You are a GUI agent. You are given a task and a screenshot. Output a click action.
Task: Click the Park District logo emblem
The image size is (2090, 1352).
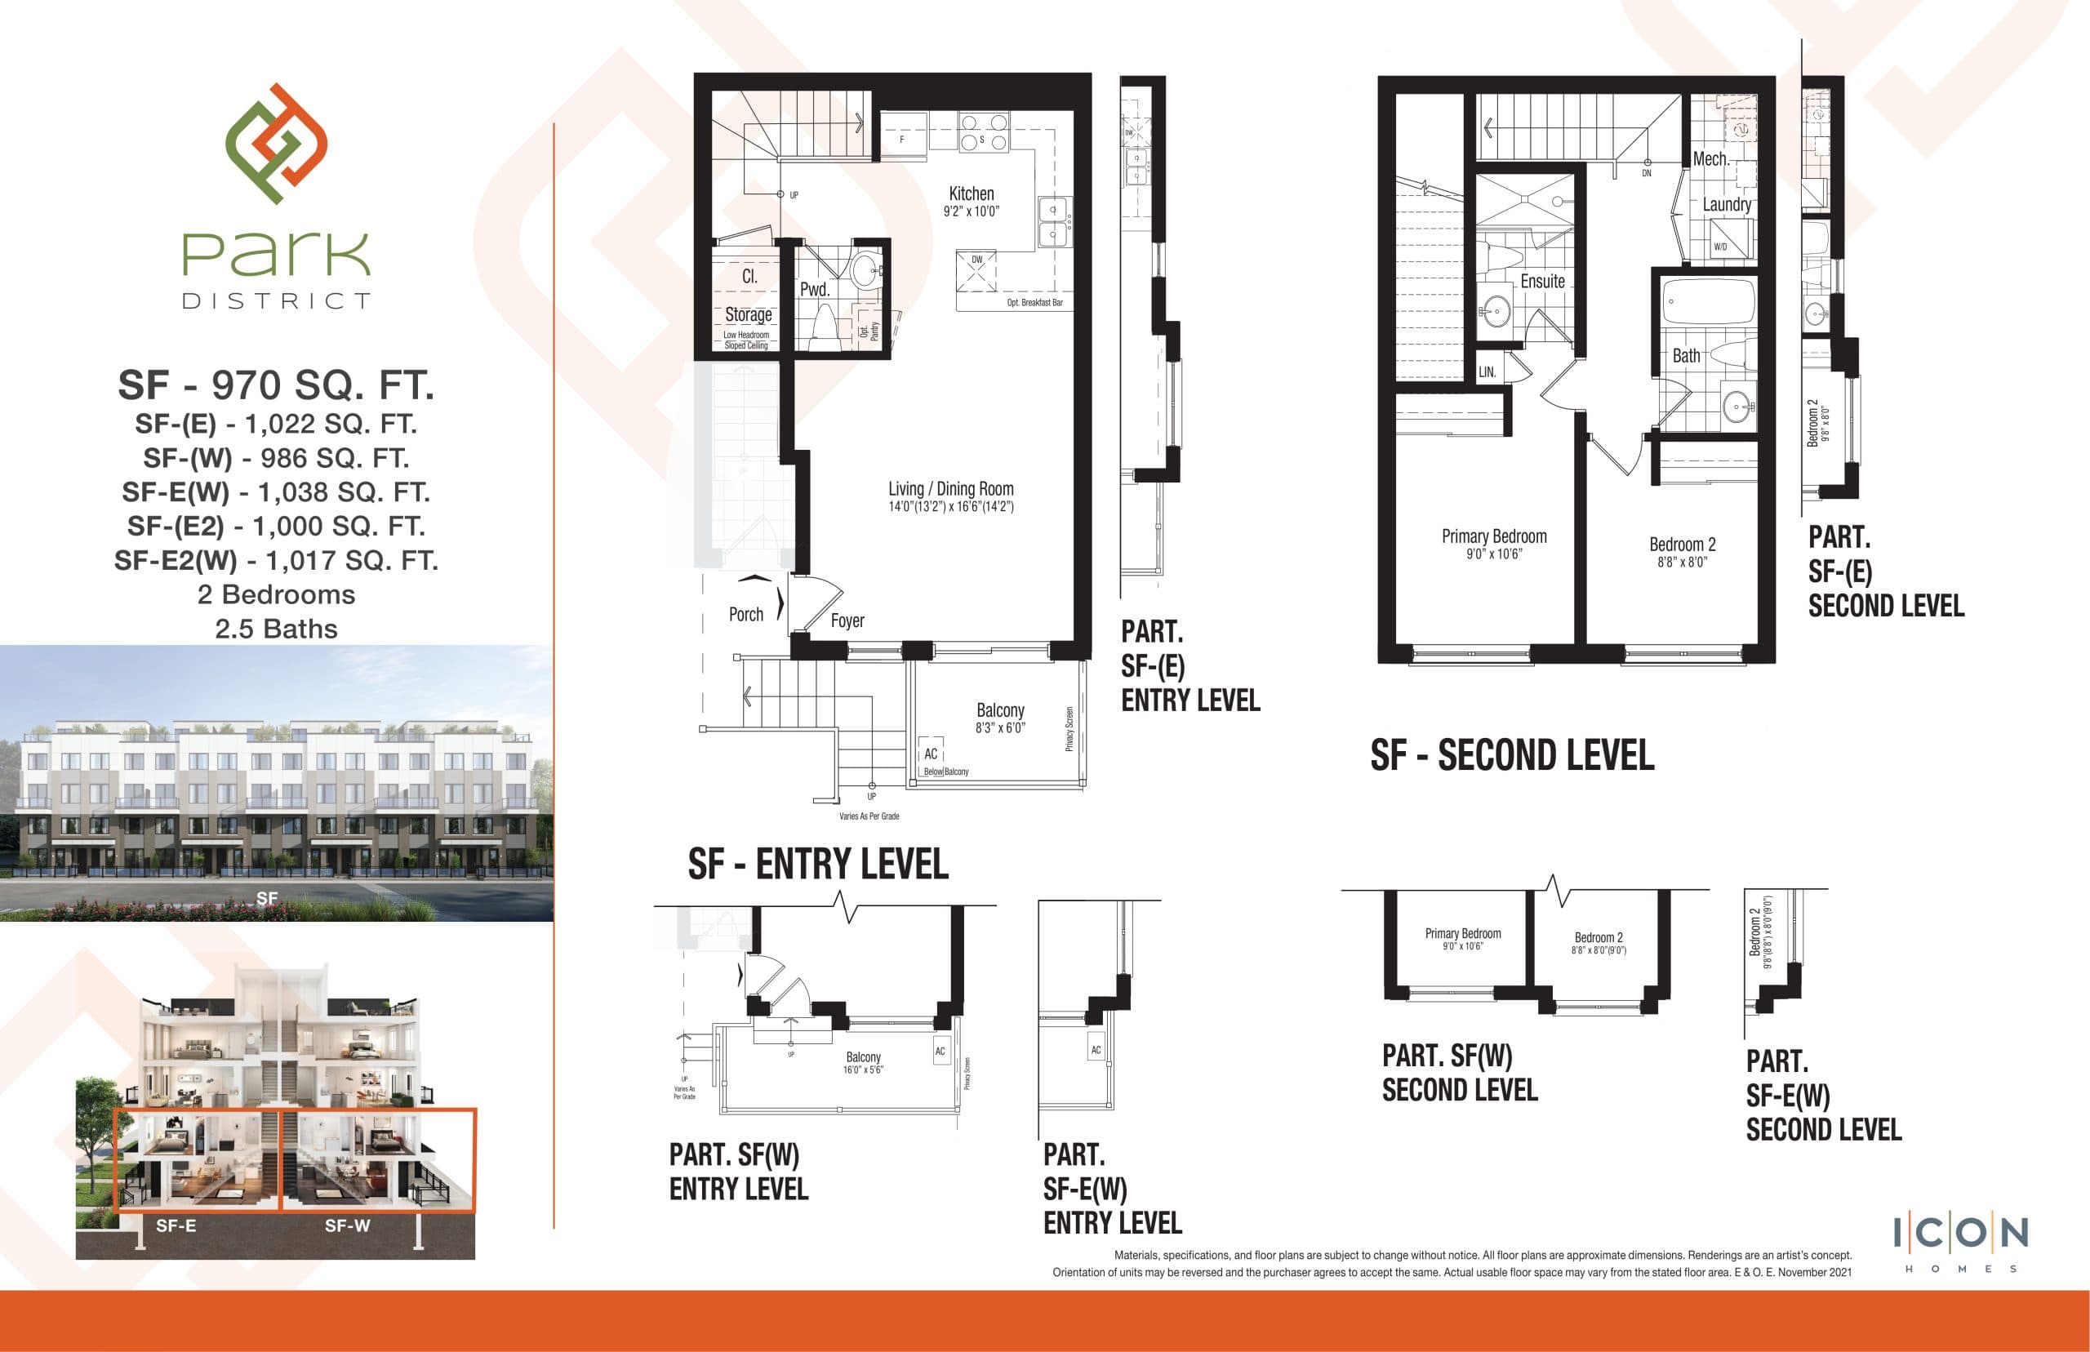[x=276, y=144]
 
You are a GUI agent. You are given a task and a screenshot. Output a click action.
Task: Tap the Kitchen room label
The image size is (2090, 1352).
[x=971, y=193]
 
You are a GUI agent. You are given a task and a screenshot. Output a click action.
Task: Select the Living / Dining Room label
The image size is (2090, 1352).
[x=950, y=489]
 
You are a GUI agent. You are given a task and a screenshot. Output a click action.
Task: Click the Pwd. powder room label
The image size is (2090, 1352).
[x=815, y=289]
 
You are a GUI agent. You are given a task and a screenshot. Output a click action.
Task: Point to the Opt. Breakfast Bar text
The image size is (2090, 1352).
[x=1034, y=303]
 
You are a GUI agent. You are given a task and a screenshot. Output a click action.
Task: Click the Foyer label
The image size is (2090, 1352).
[x=847, y=620]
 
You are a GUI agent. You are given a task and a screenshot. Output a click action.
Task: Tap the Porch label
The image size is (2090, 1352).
[x=746, y=615]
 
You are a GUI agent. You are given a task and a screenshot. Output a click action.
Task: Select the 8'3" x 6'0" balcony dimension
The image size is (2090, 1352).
[x=1000, y=727]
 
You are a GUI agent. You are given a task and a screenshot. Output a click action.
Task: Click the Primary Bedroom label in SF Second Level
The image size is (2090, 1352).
[x=1494, y=536]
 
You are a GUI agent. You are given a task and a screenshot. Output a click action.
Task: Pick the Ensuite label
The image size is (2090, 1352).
[x=1542, y=281]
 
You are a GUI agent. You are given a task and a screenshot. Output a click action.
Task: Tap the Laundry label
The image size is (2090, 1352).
[x=1727, y=205]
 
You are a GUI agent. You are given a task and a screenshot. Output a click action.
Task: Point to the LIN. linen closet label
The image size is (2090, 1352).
[x=1487, y=372]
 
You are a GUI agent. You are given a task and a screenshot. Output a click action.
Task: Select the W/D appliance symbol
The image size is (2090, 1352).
[x=1720, y=246]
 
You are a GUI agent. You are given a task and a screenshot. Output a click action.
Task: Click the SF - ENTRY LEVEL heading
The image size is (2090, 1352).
[x=818, y=864]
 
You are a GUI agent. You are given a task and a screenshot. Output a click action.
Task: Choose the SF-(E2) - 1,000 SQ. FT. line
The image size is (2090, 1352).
[x=277, y=526]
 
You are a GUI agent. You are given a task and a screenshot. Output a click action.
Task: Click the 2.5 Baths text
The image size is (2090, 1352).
[x=277, y=629]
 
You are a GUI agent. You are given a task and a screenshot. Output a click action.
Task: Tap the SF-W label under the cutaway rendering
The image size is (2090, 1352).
[x=348, y=1225]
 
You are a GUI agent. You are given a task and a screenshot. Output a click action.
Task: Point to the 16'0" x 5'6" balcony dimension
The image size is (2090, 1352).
[x=863, y=1070]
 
